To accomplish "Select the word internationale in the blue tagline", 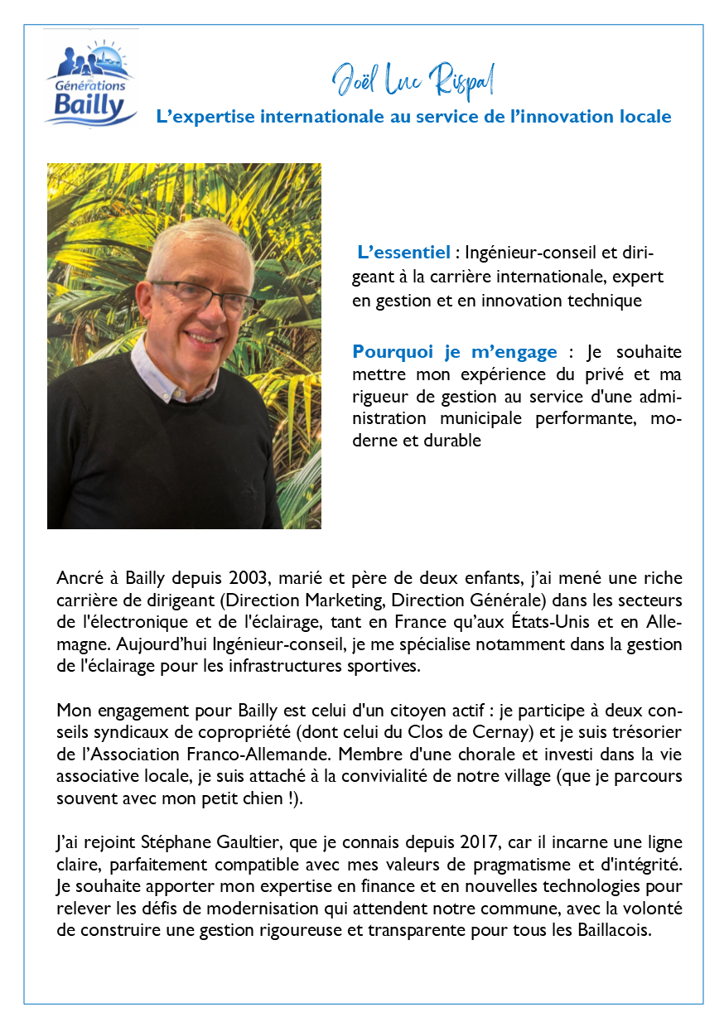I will point(323,117).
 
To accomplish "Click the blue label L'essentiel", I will point(403,252).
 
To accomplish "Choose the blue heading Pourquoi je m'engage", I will point(455,352).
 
